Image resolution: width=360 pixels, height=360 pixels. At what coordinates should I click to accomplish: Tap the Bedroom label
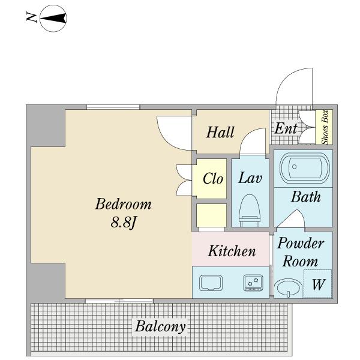(x=123, y=203)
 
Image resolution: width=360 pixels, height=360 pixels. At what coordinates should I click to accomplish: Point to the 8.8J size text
(x=124, y=222)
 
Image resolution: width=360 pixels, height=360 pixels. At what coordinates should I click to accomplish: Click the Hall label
(x=220, y=132)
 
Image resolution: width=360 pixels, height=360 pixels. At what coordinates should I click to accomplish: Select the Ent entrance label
(x=286, y=128)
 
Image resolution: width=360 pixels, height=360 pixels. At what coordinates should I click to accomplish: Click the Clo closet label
(x=213, y=178)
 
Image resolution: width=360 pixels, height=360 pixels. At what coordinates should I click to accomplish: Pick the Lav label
(x=250, y=178)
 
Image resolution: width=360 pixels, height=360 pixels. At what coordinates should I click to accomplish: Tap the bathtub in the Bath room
(x=305, y=168)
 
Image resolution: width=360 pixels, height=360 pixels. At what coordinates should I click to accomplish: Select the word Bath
(x=306, y=197)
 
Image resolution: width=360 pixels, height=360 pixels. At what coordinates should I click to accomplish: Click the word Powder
(x=301, y=243)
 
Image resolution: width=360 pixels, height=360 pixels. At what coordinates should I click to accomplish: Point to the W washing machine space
(x=318, y=284)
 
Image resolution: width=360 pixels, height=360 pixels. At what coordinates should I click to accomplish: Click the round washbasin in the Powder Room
(x=289, y=287)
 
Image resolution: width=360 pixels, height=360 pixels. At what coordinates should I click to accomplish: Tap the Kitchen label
(x=232, y=251)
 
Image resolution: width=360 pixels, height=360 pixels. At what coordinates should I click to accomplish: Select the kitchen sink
(x=211, y=283)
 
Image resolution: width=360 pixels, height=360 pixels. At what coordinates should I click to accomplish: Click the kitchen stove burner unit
(x=253, y=283)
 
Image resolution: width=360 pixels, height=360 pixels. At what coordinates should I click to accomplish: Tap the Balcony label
(x=160, y=326)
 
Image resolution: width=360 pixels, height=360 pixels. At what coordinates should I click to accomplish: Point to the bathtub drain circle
(x=295, y=166)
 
